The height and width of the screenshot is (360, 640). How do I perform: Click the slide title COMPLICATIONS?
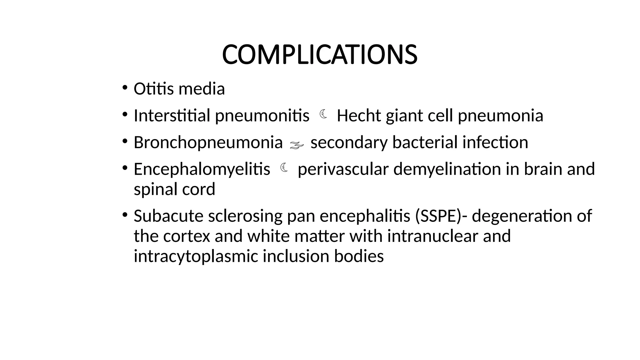(319, 55)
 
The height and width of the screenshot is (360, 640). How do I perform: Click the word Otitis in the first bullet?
(153, 89)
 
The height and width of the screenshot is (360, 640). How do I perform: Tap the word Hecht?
(359, 116)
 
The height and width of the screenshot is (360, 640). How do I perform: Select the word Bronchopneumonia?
(208, 142)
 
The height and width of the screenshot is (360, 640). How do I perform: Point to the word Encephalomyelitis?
(202, 169)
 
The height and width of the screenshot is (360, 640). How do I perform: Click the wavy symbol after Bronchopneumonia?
(297, 144)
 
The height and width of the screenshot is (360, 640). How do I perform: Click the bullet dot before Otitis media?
(125, 87)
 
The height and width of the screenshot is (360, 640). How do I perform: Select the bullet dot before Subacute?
(125, 215)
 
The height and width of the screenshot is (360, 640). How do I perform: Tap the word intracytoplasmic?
(196, 256)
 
